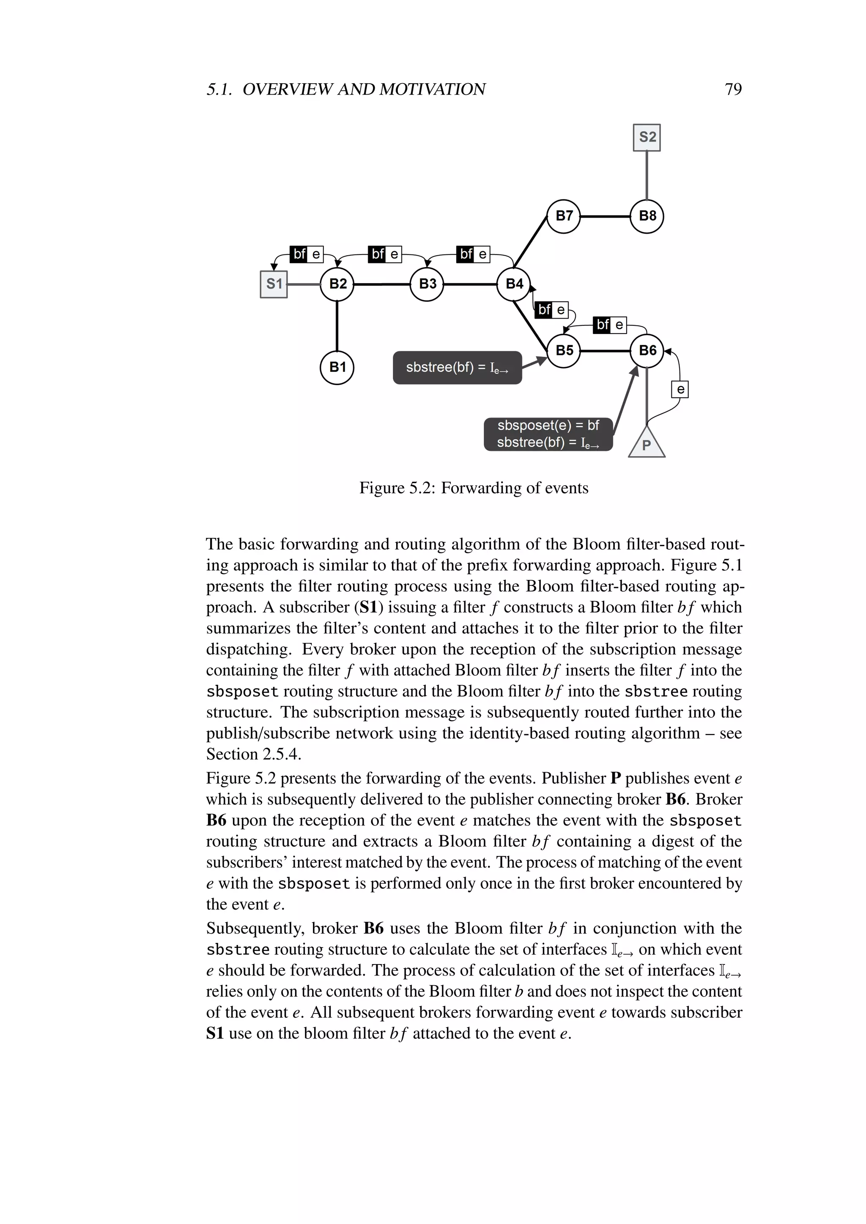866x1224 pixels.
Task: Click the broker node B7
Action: pos(564,216)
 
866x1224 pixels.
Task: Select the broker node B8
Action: pos(647,216)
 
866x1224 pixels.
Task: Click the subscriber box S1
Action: pos(274,284)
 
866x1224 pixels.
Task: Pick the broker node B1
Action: pos(337,367)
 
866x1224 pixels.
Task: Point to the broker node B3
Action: pos(427,284)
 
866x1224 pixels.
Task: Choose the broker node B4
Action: pos(513,284)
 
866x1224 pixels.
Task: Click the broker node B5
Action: pos(564,351)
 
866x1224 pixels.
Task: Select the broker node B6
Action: pos(647,351)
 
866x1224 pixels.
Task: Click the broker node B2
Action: pos(337,284)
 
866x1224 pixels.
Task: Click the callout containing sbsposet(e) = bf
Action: pos(548,434)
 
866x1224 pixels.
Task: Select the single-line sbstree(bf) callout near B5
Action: pos(457,367)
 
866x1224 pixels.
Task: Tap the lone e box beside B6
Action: pos(680,389)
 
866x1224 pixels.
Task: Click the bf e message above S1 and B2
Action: pos(307,254)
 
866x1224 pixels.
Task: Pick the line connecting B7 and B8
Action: pos(605,216)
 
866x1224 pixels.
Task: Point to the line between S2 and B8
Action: pos(647,175)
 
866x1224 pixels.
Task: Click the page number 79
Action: pos(733,89)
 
